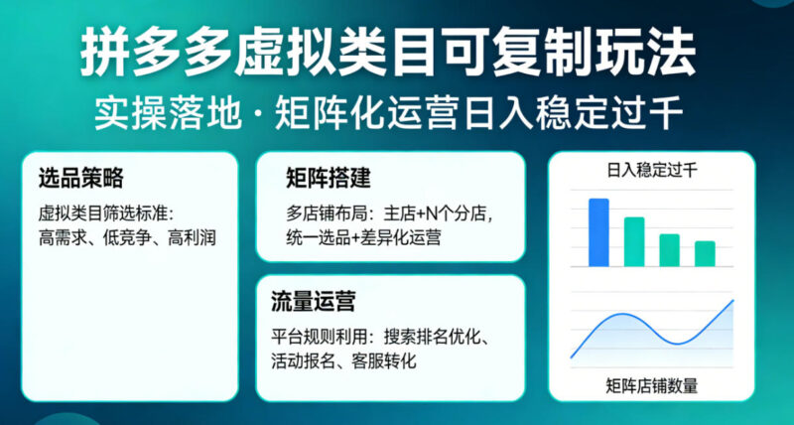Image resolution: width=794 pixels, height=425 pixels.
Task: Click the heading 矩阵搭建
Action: [328, 179]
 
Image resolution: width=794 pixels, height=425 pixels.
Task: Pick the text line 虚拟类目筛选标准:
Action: [107, 212]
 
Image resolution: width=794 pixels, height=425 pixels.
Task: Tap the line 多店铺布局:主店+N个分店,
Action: [389, 212]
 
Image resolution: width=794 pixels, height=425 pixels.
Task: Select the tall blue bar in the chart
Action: [598, 232]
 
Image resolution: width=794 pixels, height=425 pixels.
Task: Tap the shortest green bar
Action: [705, 253]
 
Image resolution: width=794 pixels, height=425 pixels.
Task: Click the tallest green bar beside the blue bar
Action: [633, 241]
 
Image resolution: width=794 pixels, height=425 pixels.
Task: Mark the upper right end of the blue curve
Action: [732, 300]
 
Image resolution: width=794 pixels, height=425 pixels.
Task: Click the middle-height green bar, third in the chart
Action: [670, 249]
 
